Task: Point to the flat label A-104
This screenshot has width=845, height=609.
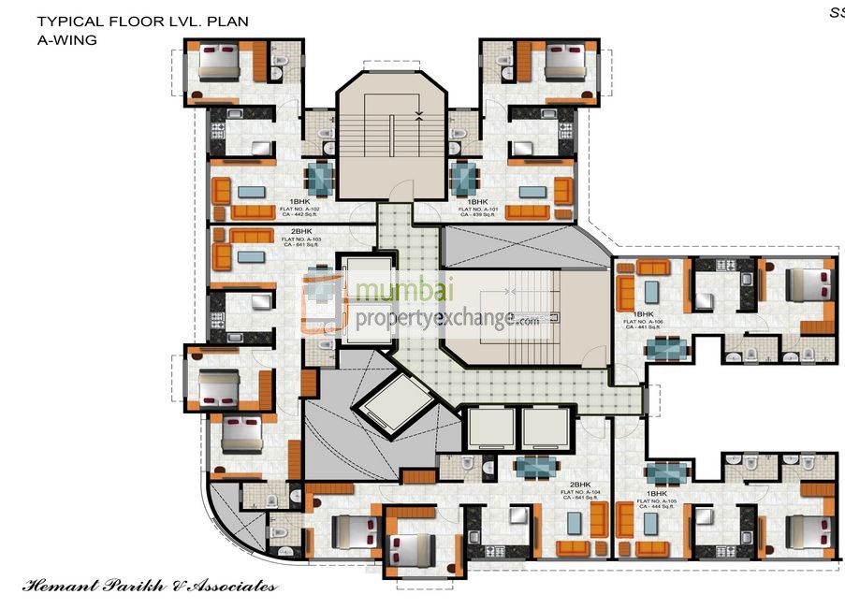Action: [x=580, y=492]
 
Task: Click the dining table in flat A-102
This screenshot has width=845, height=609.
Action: [x=320, y=178]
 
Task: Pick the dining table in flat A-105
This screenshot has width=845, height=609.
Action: [x=667, y=472]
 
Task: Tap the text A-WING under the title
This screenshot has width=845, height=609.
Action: [x=67, y=39]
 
